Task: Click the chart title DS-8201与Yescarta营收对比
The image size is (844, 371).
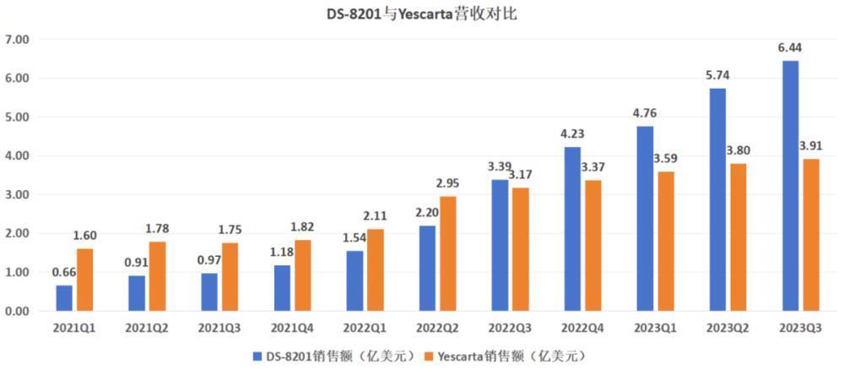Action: coord(422,14)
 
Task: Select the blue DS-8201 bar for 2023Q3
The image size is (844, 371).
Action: coord(790,186)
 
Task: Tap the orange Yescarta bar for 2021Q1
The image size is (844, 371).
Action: coord(85,280)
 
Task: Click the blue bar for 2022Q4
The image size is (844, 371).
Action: coord(573,229)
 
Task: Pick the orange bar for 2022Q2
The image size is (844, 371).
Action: coord(448,254)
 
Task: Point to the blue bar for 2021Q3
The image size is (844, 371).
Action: coord(209,292)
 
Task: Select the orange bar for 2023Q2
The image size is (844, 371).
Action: coord(738,237)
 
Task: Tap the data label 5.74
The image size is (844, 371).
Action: coord(717,77)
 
